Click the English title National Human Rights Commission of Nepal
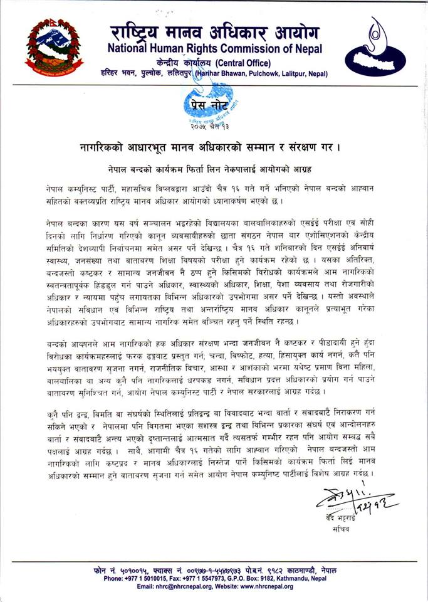coord(215,49)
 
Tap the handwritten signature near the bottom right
coord(354,498)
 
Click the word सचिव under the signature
coord(342,529)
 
